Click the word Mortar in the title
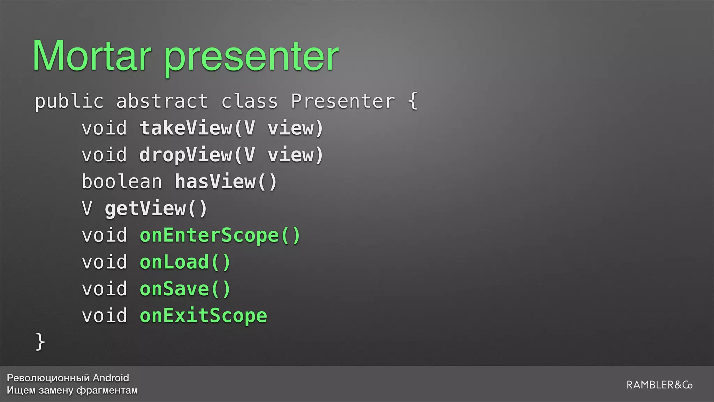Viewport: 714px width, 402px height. [92, 56]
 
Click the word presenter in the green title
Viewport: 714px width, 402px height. [251, 58]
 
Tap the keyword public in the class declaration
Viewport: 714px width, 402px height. [69, 102]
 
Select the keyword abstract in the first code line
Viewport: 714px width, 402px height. [162, 102]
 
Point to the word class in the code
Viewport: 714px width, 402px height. [250, 102]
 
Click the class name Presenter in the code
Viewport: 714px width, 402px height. [343, 102]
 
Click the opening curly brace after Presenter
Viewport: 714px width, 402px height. [413, 101]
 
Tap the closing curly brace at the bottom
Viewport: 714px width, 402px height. [40, 341]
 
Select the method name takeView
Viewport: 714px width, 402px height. [186, 128]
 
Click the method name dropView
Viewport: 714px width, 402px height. [186, 155]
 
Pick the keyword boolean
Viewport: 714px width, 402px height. [122, 182]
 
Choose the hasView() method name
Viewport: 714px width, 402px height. [226, 182]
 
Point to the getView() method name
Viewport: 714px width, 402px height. [156, 209]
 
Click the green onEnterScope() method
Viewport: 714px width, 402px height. [220, 236]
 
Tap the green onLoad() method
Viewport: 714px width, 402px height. [185, 262]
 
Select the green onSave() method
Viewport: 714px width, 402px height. [185, 289]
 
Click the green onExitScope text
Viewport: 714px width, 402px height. [203, 316]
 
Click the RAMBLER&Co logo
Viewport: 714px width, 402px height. [659, 385]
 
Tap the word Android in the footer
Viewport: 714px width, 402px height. [111, 378]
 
